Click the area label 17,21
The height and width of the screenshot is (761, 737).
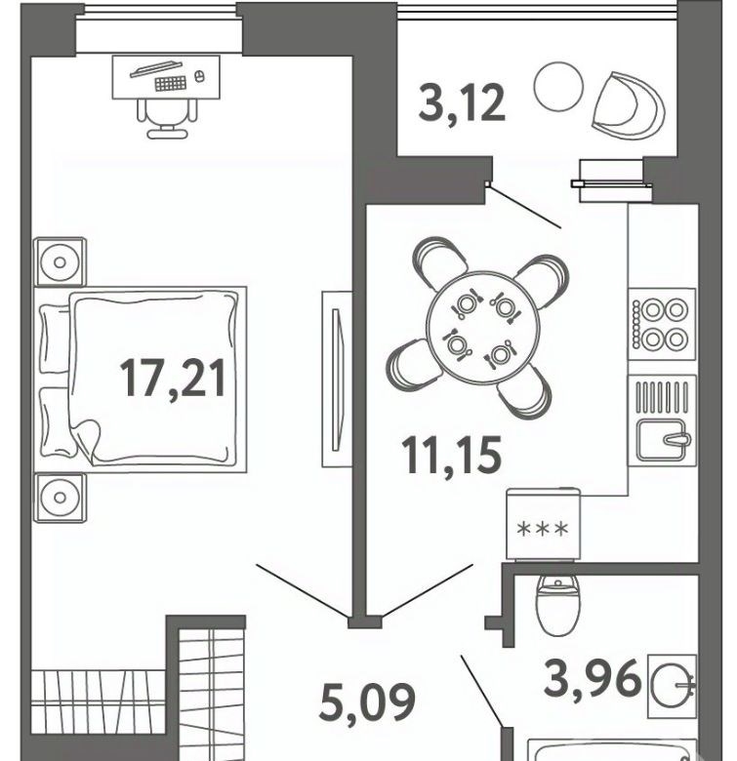tap(173, 379)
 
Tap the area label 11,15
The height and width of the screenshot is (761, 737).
tap(452, 455)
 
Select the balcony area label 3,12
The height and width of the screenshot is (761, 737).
tap(462, 102)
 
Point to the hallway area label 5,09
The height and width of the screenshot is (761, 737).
tap(367, 701)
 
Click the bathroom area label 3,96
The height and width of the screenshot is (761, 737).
tap(593, 677)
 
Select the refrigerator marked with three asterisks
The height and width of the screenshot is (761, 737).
tap(543, 524)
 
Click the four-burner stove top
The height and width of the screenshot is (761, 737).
tap(662, 324)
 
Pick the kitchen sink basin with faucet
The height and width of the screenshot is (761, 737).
tap(662, 440)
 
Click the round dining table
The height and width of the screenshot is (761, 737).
tap(483, 328)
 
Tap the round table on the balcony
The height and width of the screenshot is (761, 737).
tap(557, 87)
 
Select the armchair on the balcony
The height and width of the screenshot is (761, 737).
tap(628, 105)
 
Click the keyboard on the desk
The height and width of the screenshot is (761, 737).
tap(171, 83)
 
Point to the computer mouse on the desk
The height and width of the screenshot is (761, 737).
tap(197, 76)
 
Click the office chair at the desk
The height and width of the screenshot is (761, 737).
tap(167, 119)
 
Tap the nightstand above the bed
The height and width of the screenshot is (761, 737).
tap(61, 262)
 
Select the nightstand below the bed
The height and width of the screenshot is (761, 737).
tap(61, 498)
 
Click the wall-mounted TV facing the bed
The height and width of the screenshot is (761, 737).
tap(337, 380)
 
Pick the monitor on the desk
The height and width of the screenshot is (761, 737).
tap(155, 68)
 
